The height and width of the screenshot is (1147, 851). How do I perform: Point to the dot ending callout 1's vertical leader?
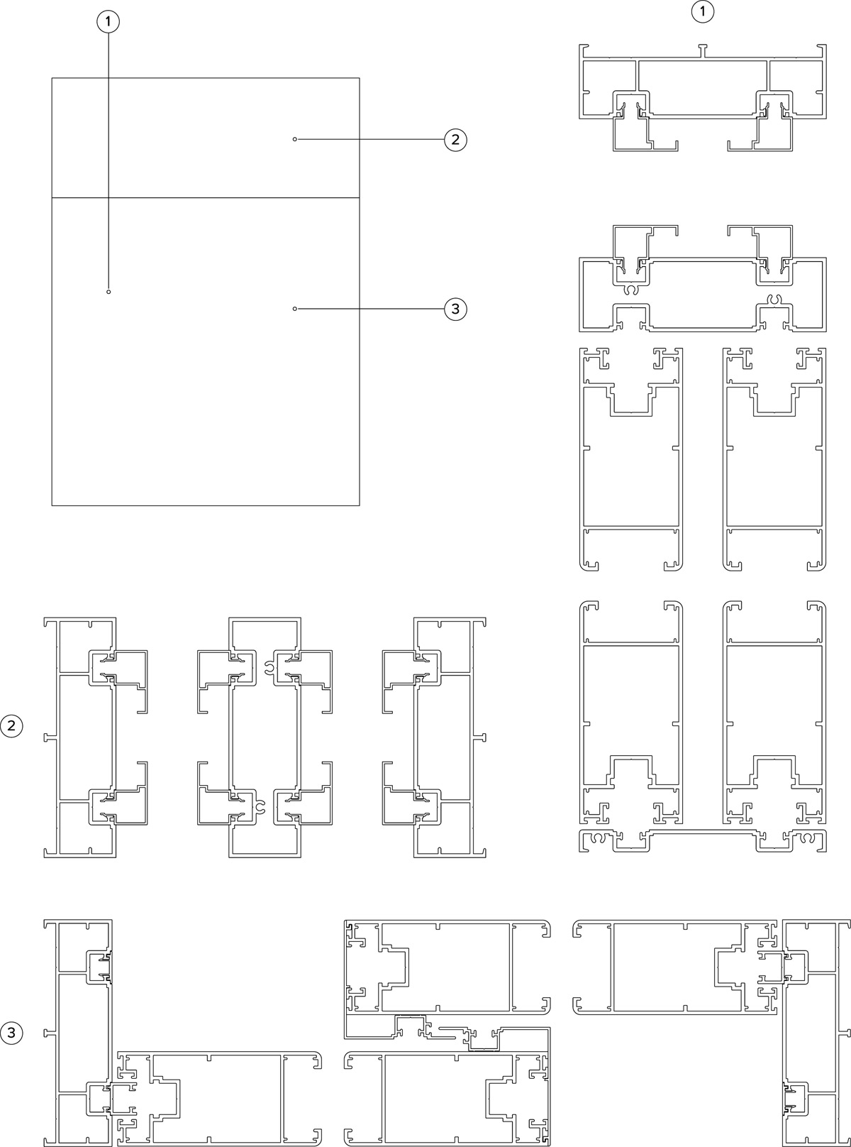click(109, 292)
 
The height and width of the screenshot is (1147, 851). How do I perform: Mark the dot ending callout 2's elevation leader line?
click(295, 140)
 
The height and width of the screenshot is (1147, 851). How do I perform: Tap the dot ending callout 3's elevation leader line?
click(295, 309)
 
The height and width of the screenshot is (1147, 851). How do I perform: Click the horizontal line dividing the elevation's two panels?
click(206, 198)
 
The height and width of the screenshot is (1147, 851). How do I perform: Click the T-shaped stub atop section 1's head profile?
click(703, 50)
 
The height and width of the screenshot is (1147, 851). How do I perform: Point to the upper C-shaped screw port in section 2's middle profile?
click(269, 668)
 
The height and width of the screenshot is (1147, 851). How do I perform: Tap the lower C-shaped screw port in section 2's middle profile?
click(260, 807)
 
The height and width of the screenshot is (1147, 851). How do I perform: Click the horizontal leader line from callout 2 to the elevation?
click(370, 140)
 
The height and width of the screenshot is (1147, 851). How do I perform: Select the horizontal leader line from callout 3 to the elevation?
click(370, 309)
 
